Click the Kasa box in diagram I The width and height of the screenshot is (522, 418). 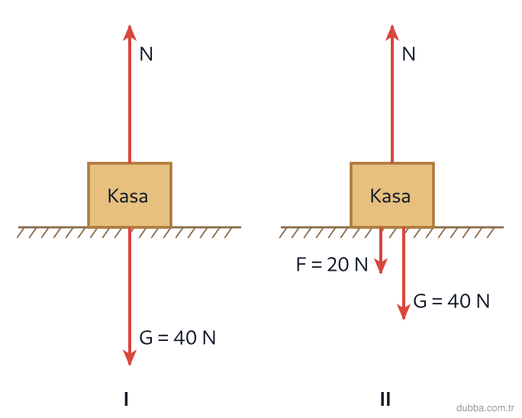pyautogui.click(x=130, y=195)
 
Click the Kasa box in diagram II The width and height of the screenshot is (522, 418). pyautogui.click(x=392, y=195)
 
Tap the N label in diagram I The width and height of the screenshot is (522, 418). pyautogui.click(x=147, y=54)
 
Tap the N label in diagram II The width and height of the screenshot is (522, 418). pyautogui.click(x=408, y=54)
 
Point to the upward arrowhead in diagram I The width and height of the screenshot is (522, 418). pyautogui.click(x=130, y=33)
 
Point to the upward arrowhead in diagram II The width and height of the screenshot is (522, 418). pyautogui.click(x=392, y=33)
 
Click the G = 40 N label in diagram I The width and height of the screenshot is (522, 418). pyautogui.click(x=178, y=337)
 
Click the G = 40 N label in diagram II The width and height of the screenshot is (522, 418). pyautogui.click(x=452, y=301)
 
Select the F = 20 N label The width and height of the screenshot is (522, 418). pyautogui.click(x=332, y=265)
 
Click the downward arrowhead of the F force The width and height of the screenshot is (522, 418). pyautogui.click(x=381, y=266)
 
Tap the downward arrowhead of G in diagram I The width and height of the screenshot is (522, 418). pyautogui.click(x=130, y=358)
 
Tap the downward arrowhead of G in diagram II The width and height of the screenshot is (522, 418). pyautogui.click(x=404, y=312)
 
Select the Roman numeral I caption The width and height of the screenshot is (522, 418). pyautogui.click(x=126, y=399)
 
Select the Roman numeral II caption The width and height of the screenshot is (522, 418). pyautogui.click(x=385, y=399)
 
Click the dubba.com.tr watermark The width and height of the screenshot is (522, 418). pyautogui.click(x=485, y=407)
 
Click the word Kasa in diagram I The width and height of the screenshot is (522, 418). pyautogui.click(x=128, y=196)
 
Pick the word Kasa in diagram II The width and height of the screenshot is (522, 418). pyautogui.click(x=390, y=196)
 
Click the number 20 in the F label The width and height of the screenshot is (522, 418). pyautogui.click(x=337, y=265)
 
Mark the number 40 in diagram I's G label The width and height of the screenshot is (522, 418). pyautogui.click(x=185, y=337)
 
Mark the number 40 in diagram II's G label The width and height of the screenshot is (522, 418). pyautogui.click(x=459, y=301)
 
